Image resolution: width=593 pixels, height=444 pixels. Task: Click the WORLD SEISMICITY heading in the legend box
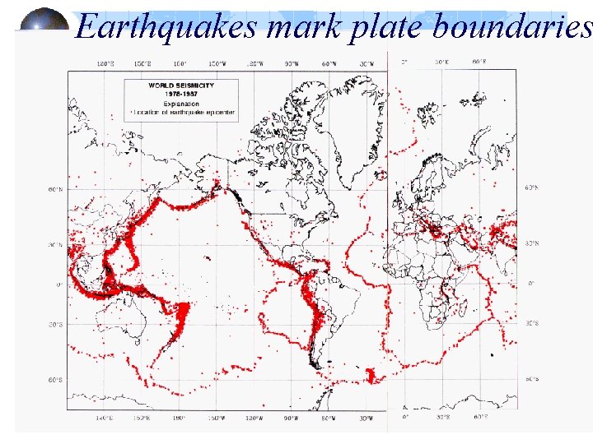pyautogui.click(x=181, y=85)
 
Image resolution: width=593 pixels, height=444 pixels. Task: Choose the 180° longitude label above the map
pyautogui.click(x=180, y=62)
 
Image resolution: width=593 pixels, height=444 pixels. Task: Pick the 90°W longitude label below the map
pyautogui.click(x=291, y=419)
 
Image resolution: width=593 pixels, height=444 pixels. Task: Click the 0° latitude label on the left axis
pyautogui.click(x=58, y=284)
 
